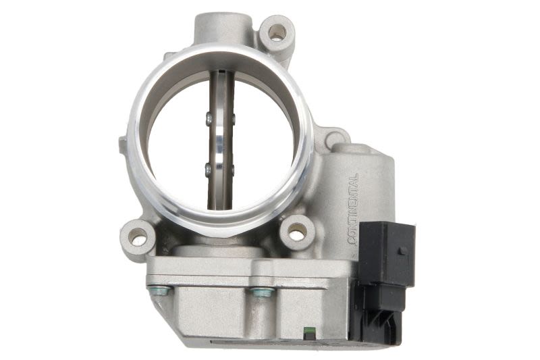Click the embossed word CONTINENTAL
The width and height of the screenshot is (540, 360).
coord(354,209)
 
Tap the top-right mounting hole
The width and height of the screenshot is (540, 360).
coord(277,32)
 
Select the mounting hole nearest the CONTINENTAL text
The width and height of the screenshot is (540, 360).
coord(296,234)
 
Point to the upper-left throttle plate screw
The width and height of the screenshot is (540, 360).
coord(208,119)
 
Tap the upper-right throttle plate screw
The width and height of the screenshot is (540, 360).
coord(233,119)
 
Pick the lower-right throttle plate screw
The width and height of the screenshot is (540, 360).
coord(232,170)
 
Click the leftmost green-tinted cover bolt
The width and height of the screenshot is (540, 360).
coord(159,290)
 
